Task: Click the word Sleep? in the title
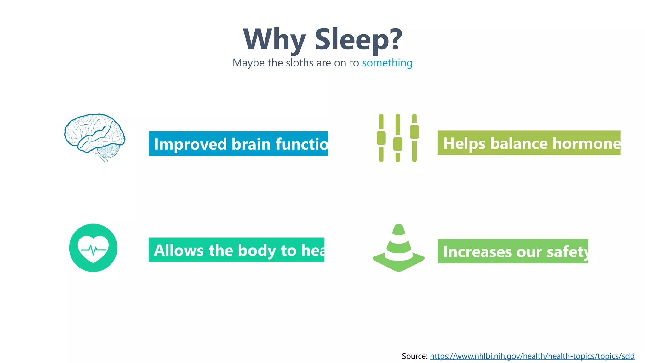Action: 358,39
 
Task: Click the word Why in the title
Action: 274,39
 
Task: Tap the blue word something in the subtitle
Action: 387,63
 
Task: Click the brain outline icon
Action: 94,137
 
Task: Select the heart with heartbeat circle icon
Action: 93,248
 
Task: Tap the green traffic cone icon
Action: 399,249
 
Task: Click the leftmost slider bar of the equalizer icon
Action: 381,138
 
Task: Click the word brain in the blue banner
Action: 251,144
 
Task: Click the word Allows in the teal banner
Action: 179,251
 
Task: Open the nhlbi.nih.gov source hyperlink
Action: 532,356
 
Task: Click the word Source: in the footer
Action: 414,356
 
